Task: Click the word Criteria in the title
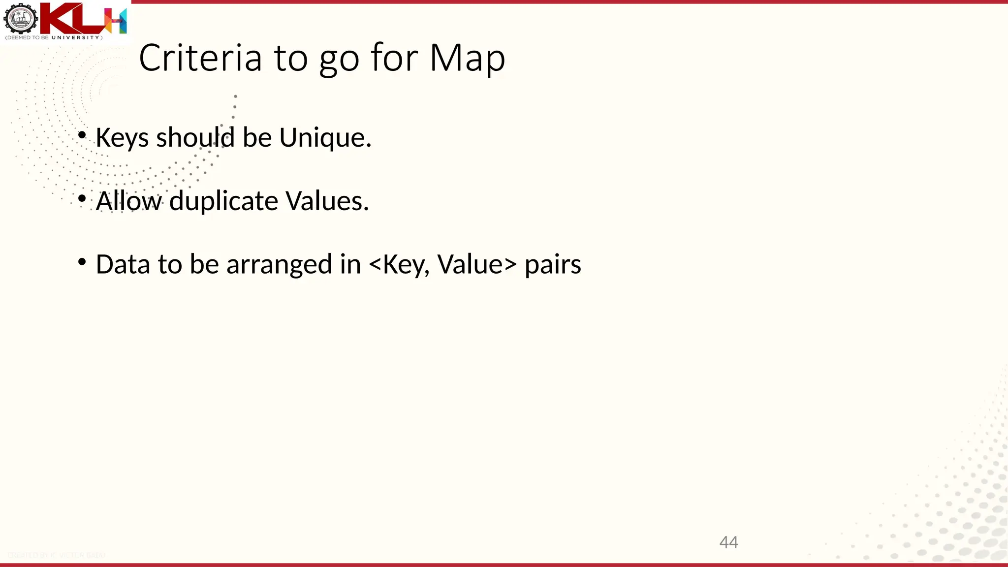(200, 58)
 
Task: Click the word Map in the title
(467, 58)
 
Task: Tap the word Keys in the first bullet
(122, 137)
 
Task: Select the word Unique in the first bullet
(325, 137)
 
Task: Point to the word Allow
(128, 201)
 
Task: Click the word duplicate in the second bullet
(223, 201)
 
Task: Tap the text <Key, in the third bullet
(399, 264)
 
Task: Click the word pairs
(553, 265)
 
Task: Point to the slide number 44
(728, 542)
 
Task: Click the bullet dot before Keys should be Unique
(82, 135)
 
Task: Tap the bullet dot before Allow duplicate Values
(82, 199)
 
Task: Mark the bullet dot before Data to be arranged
(82, 262)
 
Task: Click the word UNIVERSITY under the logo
(76, 38)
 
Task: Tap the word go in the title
(339, 59)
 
